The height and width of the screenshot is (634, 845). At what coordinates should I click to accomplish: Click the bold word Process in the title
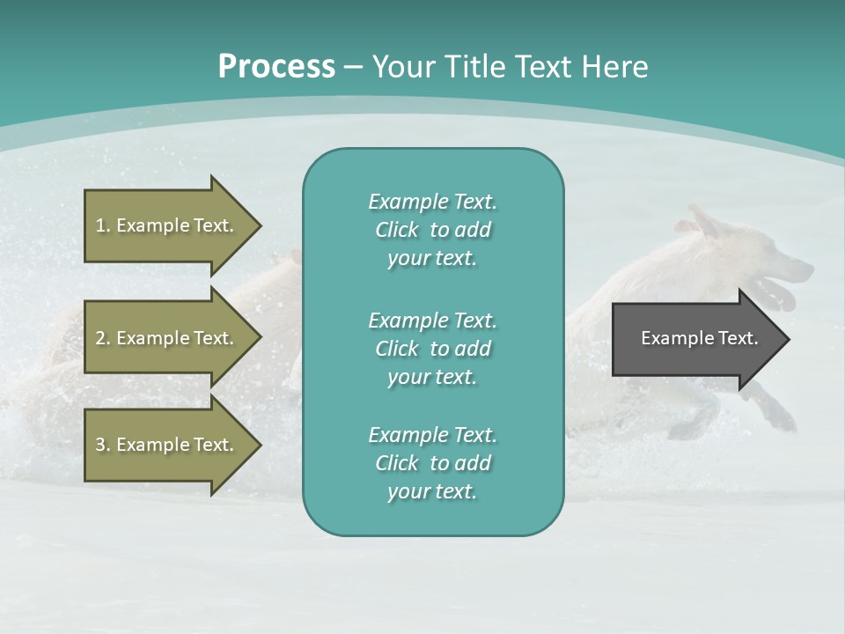pos(276,67)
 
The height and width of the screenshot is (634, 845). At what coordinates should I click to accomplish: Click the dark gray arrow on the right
pos(695,339)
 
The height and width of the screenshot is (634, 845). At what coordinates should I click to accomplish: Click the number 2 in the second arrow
pos(100,338)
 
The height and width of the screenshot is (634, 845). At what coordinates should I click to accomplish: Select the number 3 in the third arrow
pos(100,445)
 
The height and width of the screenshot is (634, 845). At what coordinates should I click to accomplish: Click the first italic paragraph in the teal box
pos(432,230)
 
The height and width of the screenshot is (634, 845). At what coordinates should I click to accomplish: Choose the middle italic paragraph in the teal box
pos(432,348)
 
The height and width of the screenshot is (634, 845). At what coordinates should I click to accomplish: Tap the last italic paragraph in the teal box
pos(432,463)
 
